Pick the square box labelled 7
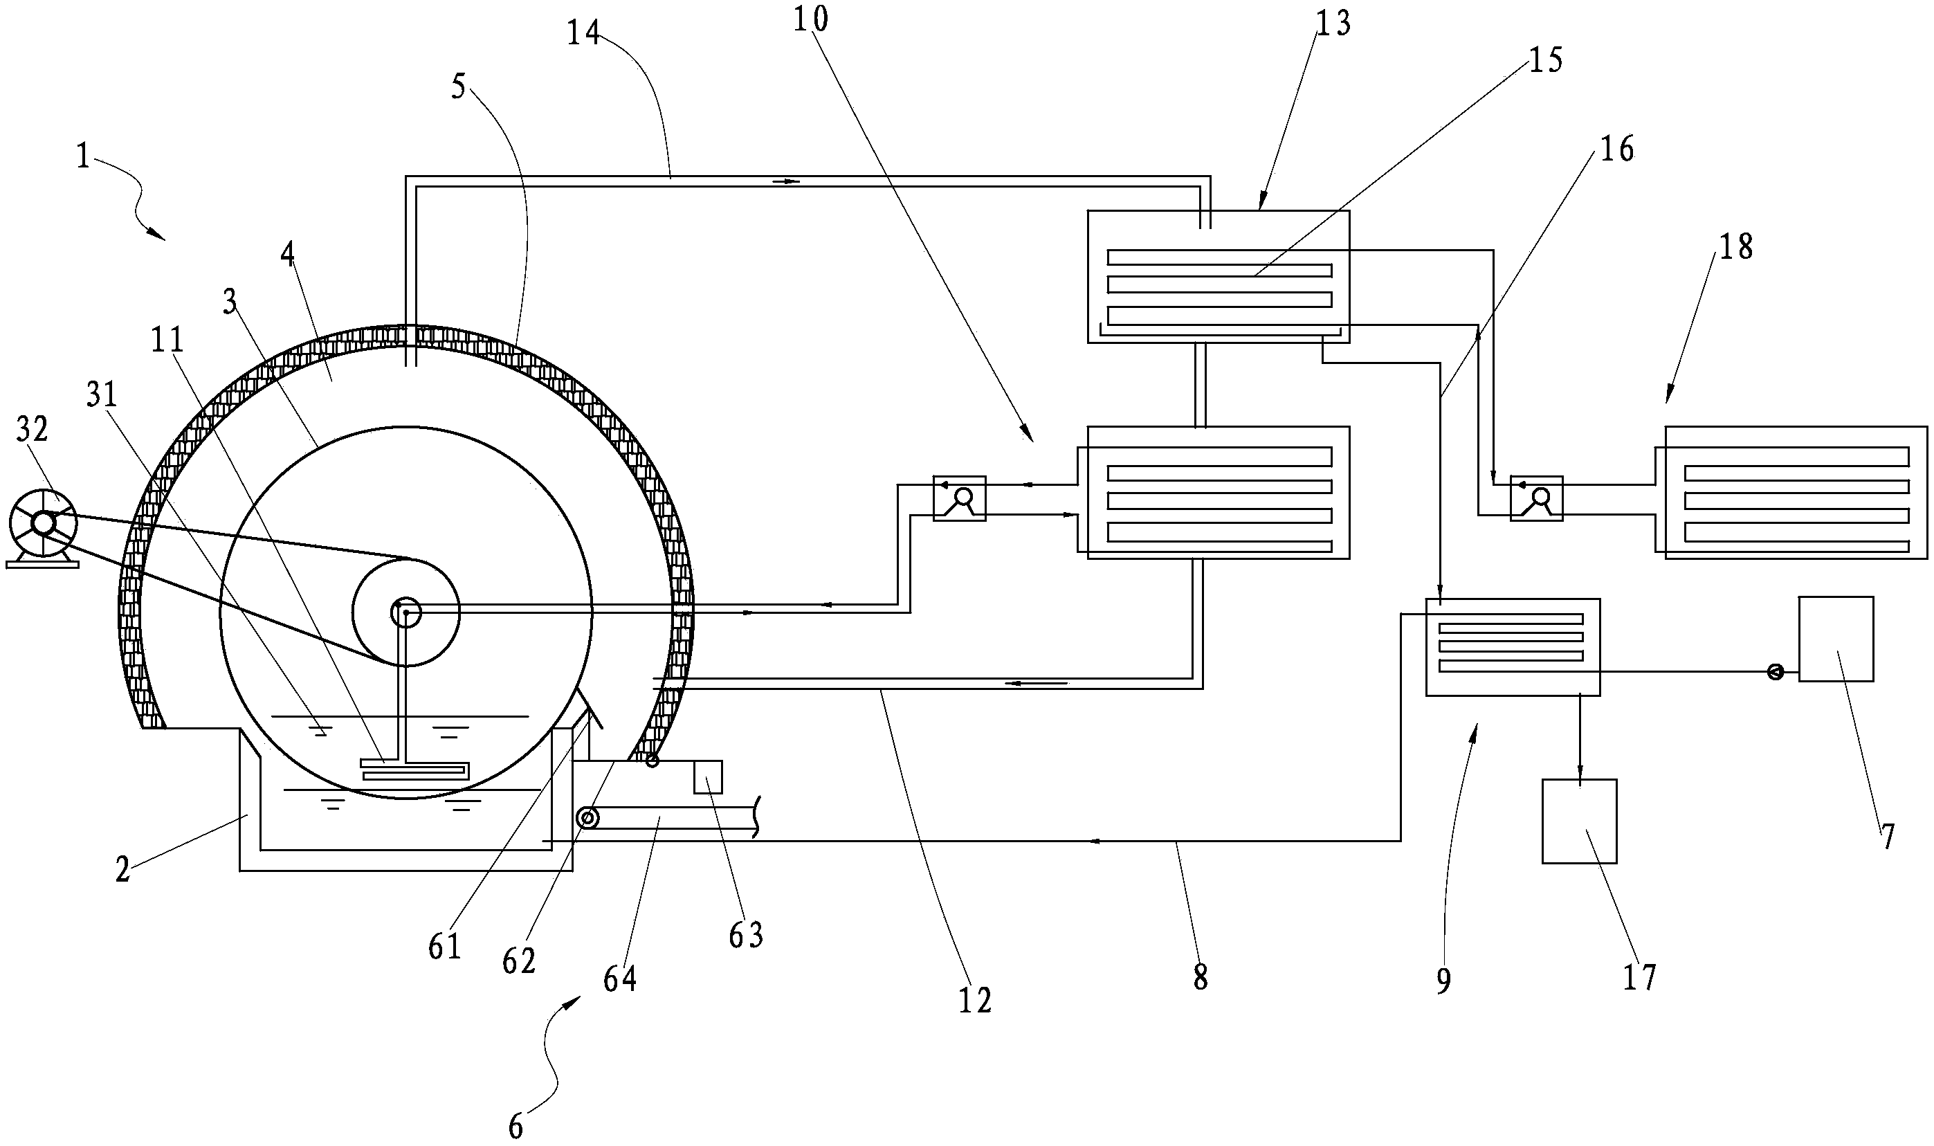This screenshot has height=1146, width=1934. point(1836,639)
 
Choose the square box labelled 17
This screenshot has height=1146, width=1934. point(1579,821)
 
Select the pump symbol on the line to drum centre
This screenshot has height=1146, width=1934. point(960,498)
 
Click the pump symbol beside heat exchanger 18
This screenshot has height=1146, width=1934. point(1536,498)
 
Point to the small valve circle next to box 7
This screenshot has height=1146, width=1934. point(1775,672)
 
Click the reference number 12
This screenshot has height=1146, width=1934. point(974,1001)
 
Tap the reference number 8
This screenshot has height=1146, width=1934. point(1200,977)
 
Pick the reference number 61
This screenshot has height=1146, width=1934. point(445,946)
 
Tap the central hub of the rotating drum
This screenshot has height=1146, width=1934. point(406,613)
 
